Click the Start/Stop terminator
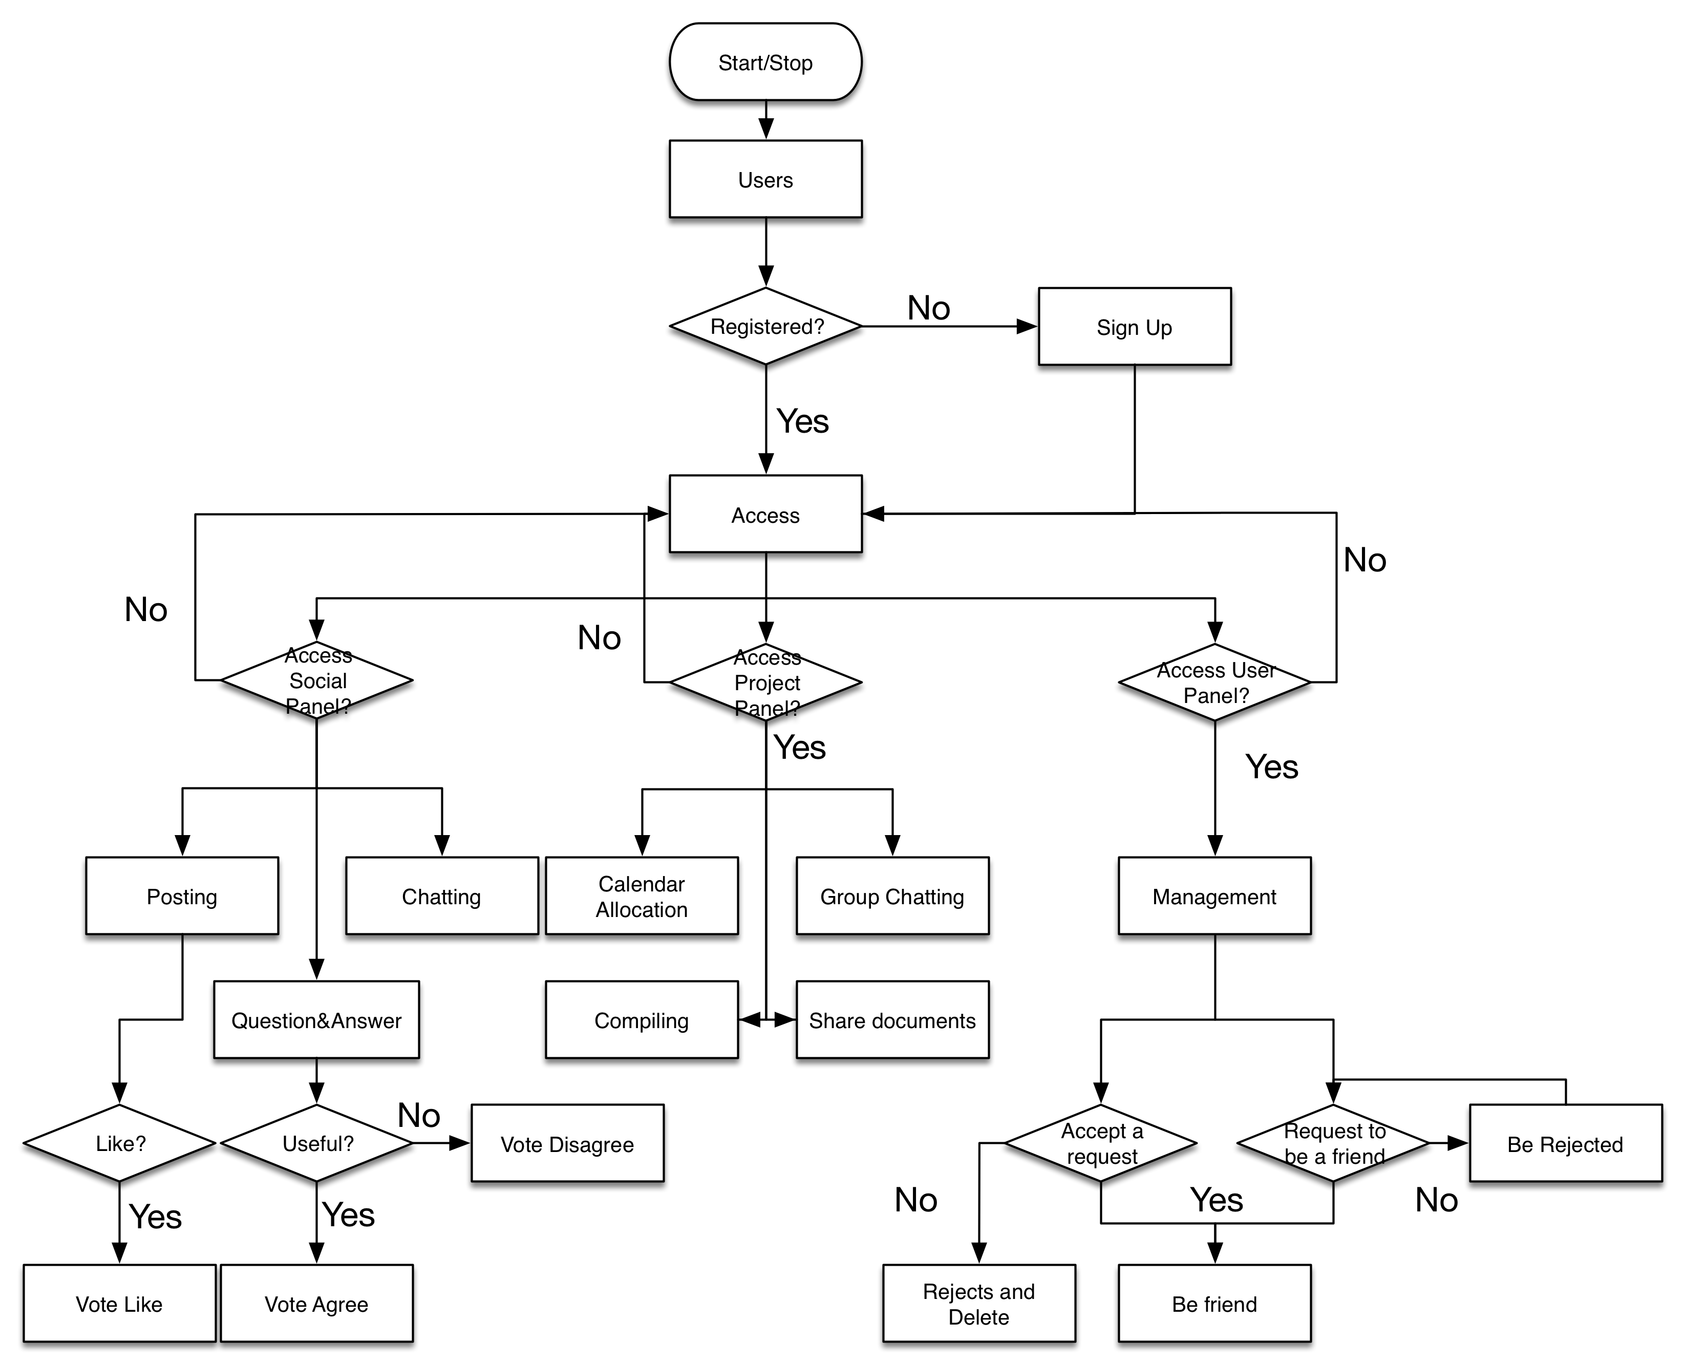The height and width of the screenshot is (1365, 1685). click(765, 62)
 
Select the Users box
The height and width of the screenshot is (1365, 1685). click(765, 179)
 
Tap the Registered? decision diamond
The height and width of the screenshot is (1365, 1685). click(765, 326)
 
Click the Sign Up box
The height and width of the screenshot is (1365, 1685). click(1134, 326)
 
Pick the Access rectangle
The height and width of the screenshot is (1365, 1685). click(765, 514)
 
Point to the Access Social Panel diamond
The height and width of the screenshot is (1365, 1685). click(317, 680)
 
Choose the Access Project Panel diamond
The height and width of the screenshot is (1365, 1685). click(765, 681)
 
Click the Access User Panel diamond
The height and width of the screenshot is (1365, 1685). click(1214, 681)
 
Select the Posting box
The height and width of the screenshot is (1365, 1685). click(182, 895)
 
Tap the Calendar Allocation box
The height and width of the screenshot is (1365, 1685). click(642, 895)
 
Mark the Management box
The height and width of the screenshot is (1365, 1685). click(1214, 895)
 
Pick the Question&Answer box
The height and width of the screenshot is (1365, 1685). click(316, 1020)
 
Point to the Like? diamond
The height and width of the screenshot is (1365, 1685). click(119, 1143)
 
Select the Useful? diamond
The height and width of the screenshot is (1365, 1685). click(317, 1143)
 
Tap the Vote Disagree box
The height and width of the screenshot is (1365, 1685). click(567, 1143)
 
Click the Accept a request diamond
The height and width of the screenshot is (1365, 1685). click(1101, 1143)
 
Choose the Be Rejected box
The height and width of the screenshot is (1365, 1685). click(1565, 1143)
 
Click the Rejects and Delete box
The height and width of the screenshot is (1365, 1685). click(979, 1304)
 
